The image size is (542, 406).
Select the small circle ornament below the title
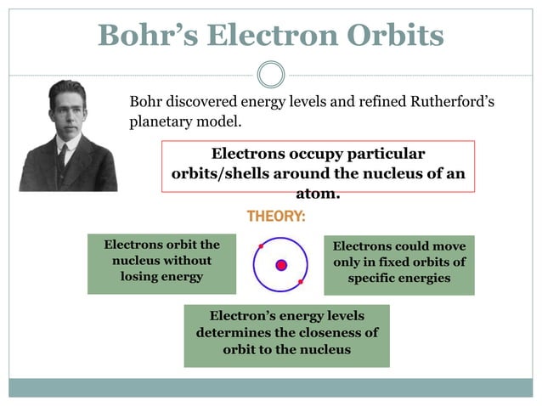(x=270, y=74)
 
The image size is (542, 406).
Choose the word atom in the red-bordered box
(x=317, y=194)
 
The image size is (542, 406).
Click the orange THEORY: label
(x=276, y=217)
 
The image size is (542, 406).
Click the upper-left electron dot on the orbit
(x=261, y=246)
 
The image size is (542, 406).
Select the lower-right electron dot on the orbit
(x=301, y=281)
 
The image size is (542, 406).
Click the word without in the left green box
(x=185, y=260)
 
